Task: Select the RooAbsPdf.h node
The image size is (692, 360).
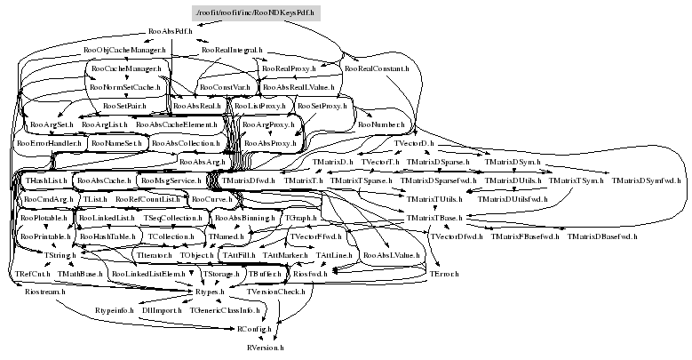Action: [x=171, y=31]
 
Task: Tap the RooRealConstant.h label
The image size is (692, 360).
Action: [x=377, y=68]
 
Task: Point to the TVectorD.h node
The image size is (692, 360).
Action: [x=413, y=143]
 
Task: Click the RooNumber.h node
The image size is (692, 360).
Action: [x=381, y=125]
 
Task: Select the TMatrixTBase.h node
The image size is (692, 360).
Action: [x=434, y=218]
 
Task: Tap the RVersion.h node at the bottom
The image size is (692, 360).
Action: [x=266, y=348]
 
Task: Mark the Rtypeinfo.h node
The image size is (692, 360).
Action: [x=114, y=311]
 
